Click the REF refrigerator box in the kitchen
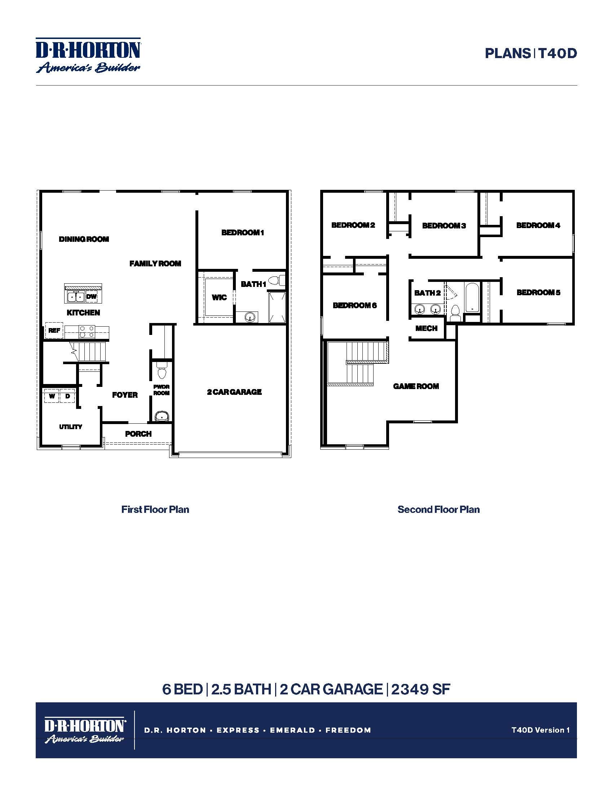point(54,331)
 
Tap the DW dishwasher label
point(92,297)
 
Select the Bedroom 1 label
point(243,233)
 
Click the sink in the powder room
point(161,416)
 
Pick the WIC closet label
point(219,297)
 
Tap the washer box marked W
point(52,396)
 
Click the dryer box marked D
point(67,396)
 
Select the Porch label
point(138,434)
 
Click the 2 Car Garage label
point(234,392)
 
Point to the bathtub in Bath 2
point(472,297)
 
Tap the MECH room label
point(426,328)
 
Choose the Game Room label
point(416,386)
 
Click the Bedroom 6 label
point(355,305)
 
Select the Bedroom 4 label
point(538,226)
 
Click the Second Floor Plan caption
point(438,509)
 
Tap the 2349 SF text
point(420,689)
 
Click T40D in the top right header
point(557,53)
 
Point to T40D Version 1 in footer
point(541,730)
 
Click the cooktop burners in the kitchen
point(87,331)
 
